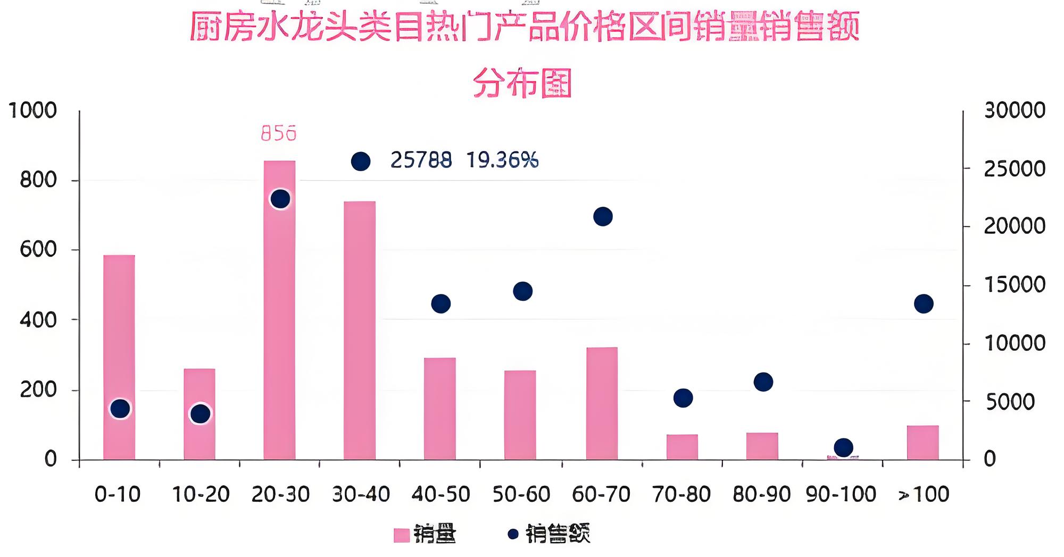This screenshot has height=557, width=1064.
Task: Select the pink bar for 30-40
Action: pos(360,330)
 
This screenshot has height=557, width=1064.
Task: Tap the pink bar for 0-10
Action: pos(119,357)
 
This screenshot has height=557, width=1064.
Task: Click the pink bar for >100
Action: pos(922,442)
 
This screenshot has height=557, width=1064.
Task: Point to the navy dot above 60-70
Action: pos(603,217)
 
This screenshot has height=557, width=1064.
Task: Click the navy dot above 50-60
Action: pos(522,291)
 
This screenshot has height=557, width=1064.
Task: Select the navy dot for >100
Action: pos(924,304)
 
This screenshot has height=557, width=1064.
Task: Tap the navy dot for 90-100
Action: pos(843,448)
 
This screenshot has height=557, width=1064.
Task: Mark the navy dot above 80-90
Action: pos(763,382)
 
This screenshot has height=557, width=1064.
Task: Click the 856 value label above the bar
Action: pos(279,133)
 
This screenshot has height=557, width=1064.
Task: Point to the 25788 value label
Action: pos(421,160)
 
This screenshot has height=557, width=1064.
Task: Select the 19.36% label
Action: pos(502,160)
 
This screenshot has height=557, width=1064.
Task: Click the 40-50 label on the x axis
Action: pos(441,495)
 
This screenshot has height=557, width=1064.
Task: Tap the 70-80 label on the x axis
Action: pos(681,495)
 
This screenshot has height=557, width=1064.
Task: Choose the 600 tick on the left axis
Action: pos(38,249)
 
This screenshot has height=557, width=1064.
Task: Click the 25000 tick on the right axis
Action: pos(1014,169)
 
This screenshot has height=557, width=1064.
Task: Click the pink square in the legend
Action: pos(402,535)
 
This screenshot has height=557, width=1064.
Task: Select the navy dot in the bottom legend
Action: pos(513,534)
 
